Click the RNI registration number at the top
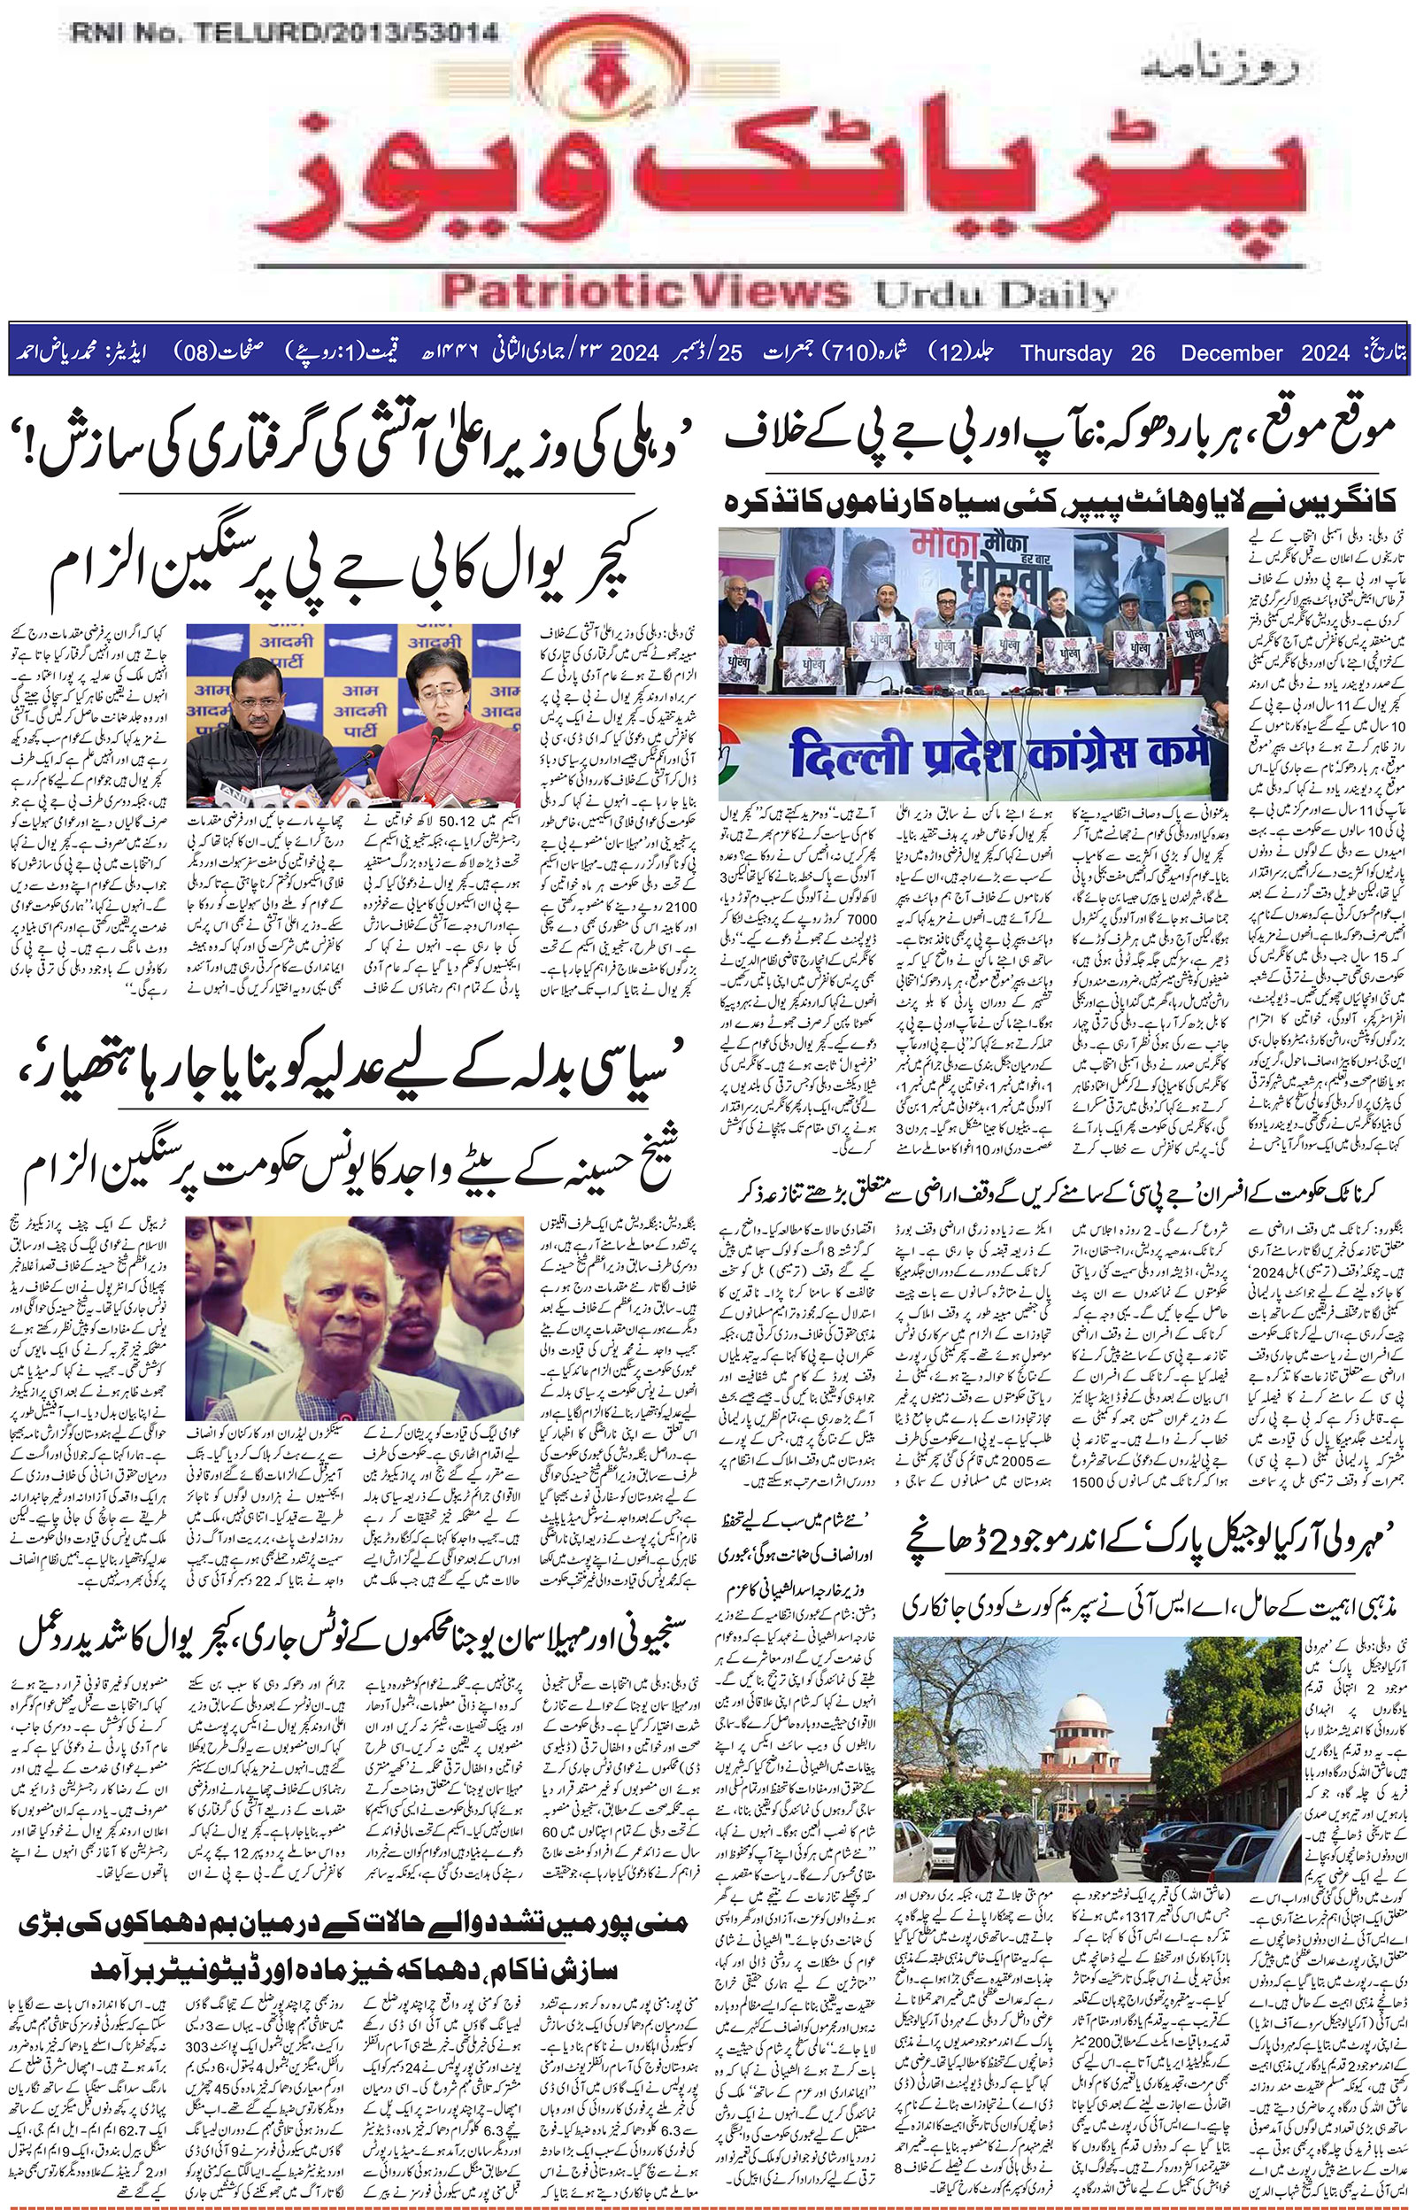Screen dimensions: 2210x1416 point(283,34)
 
